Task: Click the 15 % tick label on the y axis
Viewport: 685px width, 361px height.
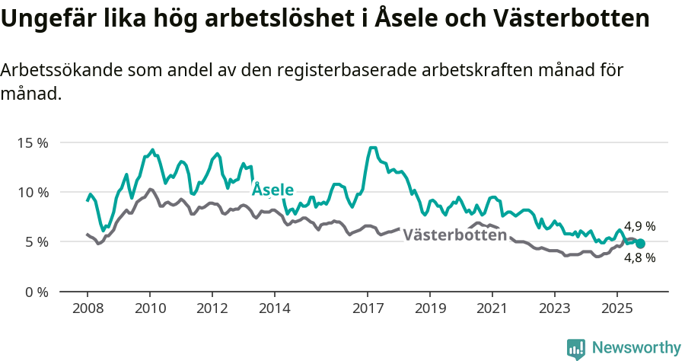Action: (x=33, y=142)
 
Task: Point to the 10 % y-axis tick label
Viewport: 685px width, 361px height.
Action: (x=33, y=192)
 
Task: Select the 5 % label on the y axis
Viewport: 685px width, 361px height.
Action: (x=37, y=242)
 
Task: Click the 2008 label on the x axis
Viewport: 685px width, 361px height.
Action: (x=87, y=309)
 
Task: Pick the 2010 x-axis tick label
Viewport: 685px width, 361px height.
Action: (x=149, y=309)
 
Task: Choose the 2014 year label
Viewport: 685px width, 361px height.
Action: (x=274, y=309)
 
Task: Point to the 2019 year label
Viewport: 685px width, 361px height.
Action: (x=430, y=309)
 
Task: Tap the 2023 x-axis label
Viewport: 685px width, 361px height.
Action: (x=554, y=309)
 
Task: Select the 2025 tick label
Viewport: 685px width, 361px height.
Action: (x=616, y=309)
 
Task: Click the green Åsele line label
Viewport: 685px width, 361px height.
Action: (x=272, y=189)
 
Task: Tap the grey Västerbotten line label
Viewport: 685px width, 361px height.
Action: (x=454, y=235)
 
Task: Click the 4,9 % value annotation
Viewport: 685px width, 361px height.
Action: (x=639, y=226)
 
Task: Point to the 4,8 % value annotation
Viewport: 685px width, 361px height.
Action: (x=639, y=257)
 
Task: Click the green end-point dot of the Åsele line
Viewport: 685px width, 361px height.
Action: (x=640, y=243)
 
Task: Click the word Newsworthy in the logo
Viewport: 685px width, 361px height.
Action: (x=636, y=348)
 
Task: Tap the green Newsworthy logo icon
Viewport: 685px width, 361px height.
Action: (x=576, y=349)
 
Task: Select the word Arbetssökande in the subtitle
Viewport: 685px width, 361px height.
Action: (x=62, y=71)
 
